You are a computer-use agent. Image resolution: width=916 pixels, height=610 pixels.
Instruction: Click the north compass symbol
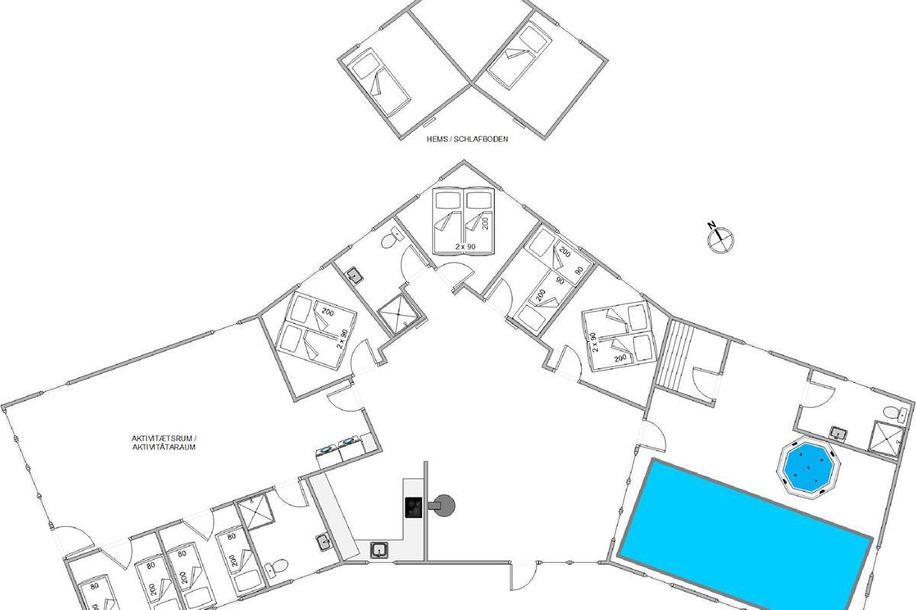pos(720,239)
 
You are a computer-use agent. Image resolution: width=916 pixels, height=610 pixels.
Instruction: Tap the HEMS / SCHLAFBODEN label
pos(467,139)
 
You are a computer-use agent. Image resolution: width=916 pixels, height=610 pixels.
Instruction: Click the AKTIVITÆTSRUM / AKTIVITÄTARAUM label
pos(164,442)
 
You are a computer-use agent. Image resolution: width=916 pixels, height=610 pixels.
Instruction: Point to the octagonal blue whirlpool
pos(808,467)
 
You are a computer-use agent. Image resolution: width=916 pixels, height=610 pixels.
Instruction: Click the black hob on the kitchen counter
pos(414,508)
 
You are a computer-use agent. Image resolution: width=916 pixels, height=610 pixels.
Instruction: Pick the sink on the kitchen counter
pos(380,550)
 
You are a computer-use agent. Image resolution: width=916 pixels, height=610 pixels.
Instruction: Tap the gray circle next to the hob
pos(444,506)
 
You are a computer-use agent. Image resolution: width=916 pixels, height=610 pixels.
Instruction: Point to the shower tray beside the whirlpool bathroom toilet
pos(887,439)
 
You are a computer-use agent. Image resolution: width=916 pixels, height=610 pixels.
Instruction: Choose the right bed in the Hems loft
pos(519,55)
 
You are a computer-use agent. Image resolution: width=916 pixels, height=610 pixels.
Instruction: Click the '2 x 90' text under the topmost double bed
pos(466,247)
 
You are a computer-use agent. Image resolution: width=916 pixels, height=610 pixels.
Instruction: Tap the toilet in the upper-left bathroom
pos(391,238)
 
